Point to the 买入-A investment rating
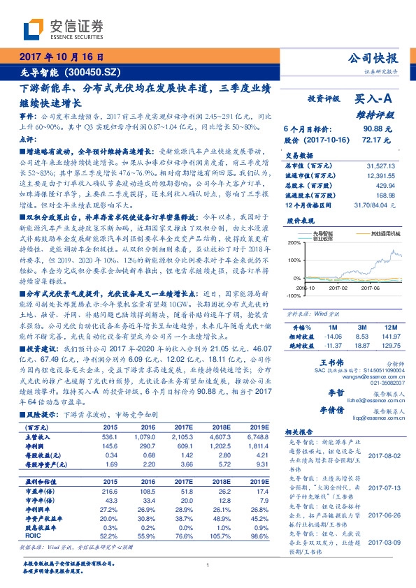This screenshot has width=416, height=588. pos(373,100)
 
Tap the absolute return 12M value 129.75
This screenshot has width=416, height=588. pos(390,344)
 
